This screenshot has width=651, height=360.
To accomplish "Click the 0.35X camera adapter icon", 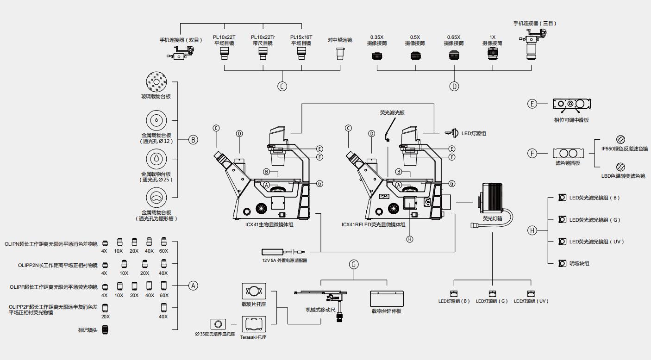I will coord(377,57).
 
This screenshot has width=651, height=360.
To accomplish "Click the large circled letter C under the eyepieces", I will coord(282,86).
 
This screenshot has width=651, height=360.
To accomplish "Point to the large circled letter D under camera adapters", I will coord(454,86).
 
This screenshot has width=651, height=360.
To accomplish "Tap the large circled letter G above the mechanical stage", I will coord(354,264).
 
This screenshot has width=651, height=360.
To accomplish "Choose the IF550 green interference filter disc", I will coord(620,140).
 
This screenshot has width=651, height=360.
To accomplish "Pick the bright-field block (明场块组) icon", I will coord(562,263).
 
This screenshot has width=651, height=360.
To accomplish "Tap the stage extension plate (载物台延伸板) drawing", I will coord(387,298).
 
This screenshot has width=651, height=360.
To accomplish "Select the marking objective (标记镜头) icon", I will coord(106,330).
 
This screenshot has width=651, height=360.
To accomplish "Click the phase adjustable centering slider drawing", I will coord(572,104).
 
